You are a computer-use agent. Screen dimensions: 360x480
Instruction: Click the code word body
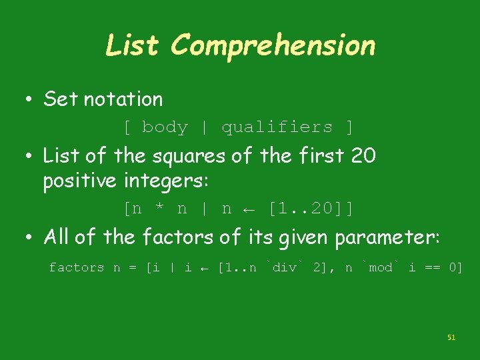[165, 127]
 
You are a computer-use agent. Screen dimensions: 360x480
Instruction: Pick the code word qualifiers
[277, 127]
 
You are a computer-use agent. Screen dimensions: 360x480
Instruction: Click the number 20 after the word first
[363, 156]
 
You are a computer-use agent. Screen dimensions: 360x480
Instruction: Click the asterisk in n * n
[159, 209]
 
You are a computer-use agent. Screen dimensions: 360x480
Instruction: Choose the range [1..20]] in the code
[310, 209]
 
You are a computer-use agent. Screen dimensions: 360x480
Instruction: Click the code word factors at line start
[76, 267]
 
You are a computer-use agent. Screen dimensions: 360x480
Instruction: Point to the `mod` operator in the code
[380, 267]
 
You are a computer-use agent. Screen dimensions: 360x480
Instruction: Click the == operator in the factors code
[434, 267]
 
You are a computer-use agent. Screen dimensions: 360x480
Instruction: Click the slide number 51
[451, 338]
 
